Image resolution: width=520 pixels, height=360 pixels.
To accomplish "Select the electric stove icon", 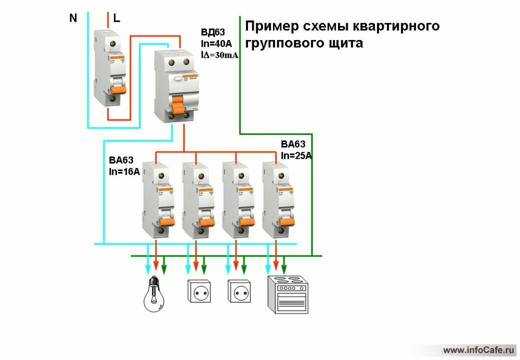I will point(285,294).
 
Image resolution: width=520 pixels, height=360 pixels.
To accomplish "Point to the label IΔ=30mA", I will point(219,55).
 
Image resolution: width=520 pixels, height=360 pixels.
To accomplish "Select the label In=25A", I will point(296,155).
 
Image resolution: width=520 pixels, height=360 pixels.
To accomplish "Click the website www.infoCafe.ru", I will point(479,349).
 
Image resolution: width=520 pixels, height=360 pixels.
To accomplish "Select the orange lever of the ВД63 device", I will point(179,106).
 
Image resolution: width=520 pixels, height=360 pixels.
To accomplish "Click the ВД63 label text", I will point(212,31).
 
